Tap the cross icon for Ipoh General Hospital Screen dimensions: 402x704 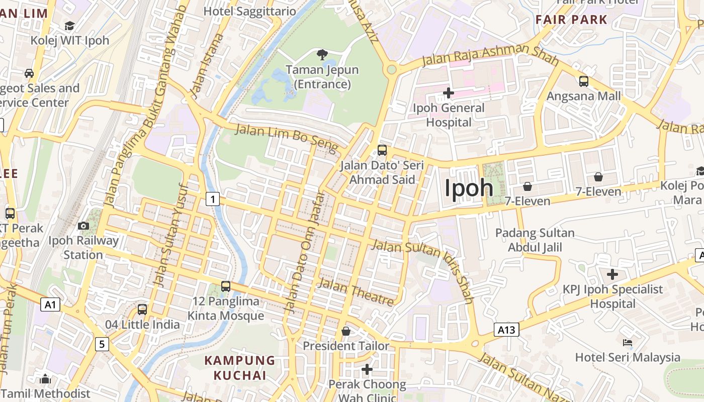(448, 93)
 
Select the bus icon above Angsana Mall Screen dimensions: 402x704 (583, 81)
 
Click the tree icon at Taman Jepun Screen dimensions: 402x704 (322, 54)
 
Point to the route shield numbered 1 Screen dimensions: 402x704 (213, 199)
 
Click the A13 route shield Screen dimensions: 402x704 (506, 330)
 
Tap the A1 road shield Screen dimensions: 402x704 (50, 305)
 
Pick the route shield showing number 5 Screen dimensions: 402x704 (102, 344)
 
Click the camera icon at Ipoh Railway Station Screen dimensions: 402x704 (83, 226)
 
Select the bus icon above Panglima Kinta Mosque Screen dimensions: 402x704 (226, 286)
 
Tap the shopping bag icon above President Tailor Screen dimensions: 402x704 (346, 331)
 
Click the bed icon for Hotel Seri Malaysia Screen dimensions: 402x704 (627, 343)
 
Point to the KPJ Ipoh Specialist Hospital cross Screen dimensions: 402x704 (612, 274)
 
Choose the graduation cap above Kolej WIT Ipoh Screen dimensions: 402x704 (69, 26)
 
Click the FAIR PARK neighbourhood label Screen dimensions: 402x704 (571, 20)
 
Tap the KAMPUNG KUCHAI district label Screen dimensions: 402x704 (240, 368)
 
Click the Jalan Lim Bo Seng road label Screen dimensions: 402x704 (287, 137)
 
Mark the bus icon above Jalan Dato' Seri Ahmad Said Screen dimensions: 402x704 (382, 150)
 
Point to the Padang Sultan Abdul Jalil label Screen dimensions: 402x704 (535, 240)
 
